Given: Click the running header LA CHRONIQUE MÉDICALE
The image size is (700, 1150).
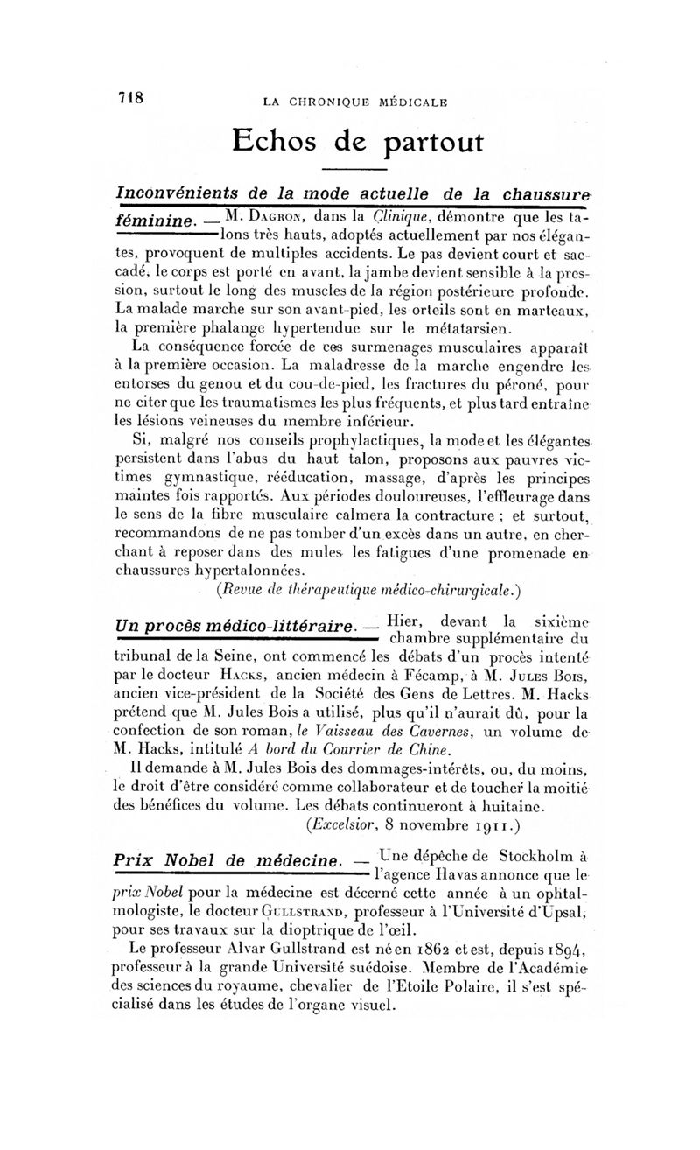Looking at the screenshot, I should click(x=355, y=102).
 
